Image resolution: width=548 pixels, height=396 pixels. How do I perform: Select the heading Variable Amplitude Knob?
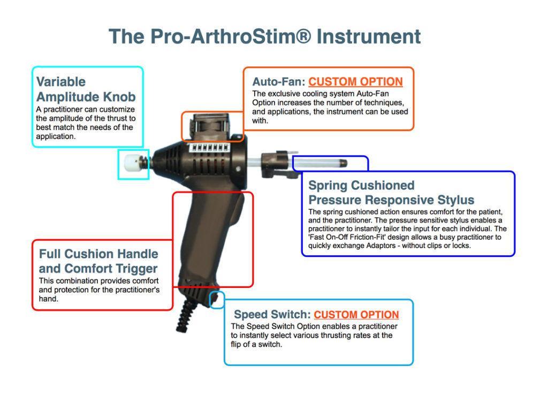tap(86, 89)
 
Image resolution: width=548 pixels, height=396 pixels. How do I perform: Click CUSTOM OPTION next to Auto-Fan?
tap(355, 82)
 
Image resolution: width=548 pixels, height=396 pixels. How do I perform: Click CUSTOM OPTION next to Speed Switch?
tap(356, 315)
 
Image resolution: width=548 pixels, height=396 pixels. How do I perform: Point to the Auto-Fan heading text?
tap(278, 82)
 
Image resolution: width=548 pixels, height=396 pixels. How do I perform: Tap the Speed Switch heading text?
tap(272, 315)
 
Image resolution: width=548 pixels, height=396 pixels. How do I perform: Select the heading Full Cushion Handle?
tap(98, 254)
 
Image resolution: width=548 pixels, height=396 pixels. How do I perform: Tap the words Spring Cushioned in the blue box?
tap(361, 186)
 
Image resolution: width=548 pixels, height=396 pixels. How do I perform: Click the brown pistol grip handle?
tap(211, 235)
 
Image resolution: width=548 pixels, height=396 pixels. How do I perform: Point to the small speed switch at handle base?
tap(216, 299)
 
